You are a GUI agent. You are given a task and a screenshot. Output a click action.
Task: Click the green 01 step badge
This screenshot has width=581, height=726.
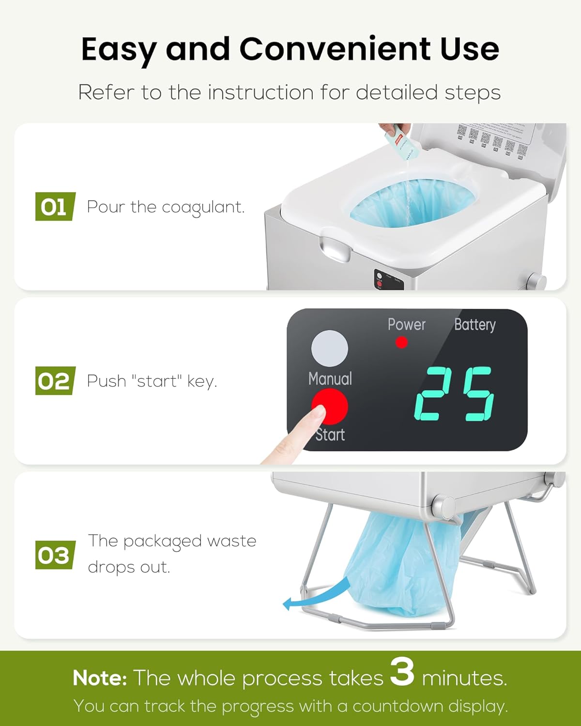pos(55,207)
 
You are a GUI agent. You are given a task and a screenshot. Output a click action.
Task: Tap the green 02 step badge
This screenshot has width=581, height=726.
pos(55,381)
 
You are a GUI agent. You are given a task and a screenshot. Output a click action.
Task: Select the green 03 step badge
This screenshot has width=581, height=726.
pos(55,555)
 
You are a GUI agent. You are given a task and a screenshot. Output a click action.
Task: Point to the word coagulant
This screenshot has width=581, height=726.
pos(203,208)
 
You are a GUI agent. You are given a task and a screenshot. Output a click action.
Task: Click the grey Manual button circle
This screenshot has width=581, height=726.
pos(329,348)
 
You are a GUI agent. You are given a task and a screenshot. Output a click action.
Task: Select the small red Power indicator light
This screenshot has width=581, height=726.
pos(401,343)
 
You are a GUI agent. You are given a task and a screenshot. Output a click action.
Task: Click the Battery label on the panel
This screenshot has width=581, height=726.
pos(474,325)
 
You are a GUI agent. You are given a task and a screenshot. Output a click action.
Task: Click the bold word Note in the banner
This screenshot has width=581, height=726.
pos(100,678)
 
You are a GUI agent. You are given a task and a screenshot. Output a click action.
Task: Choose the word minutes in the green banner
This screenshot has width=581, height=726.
pos(464,678)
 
